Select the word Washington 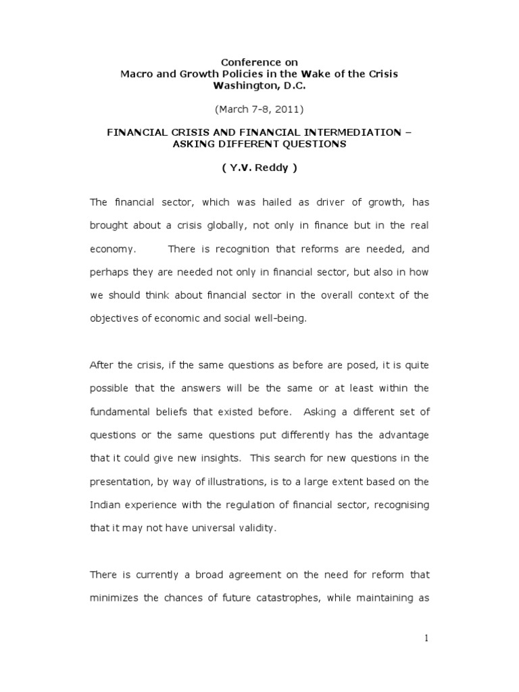[x=245, y=85]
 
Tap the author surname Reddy [x=266, y=168]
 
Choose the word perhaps [x=108, y=272]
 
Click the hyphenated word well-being [x=278, y=318]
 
